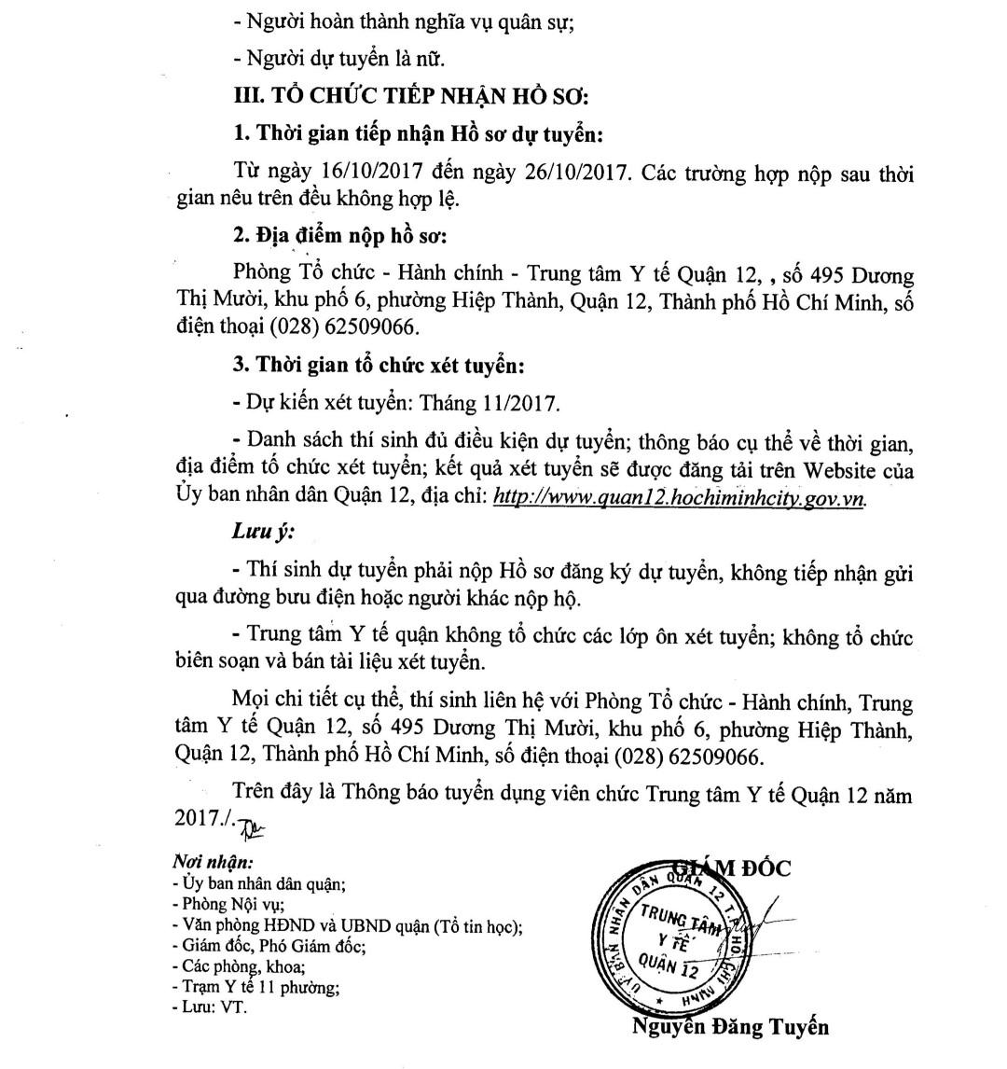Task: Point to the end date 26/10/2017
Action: pyautogui.click(x=506, y=174)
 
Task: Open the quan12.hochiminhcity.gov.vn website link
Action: pyautogui.click(x=679, y=497)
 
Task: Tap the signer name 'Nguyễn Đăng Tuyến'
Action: pyautogui.click(x=730, y=1028)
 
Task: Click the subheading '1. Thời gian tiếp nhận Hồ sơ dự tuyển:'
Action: pyautogui.click(x=419, y=134)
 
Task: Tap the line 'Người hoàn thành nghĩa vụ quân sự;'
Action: pyautogui.click(x=403, y=21)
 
